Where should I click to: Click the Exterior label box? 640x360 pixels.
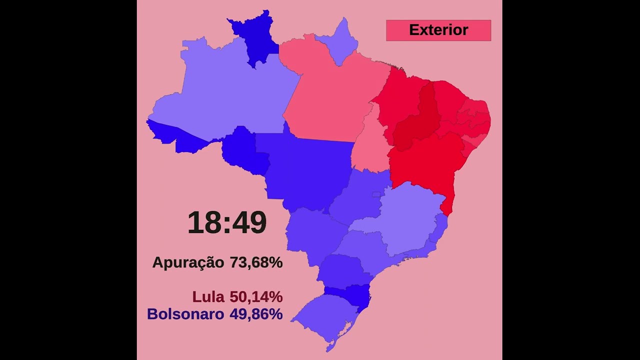tap(438, 30)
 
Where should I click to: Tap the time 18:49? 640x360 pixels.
tap(227, 223)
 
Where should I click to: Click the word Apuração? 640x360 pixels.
tap(188, 262)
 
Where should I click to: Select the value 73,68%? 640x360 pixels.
tap(256, 262)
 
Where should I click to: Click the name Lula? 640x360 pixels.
tap(208, 297)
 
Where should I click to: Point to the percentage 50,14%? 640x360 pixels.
tap(256, 297)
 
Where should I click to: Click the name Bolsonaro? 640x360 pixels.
tap(185, 314)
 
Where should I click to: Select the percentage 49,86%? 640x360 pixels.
tap(256, 314)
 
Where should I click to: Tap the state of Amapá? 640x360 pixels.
tap(340, 42)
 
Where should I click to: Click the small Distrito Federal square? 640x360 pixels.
tap(376, 194)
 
